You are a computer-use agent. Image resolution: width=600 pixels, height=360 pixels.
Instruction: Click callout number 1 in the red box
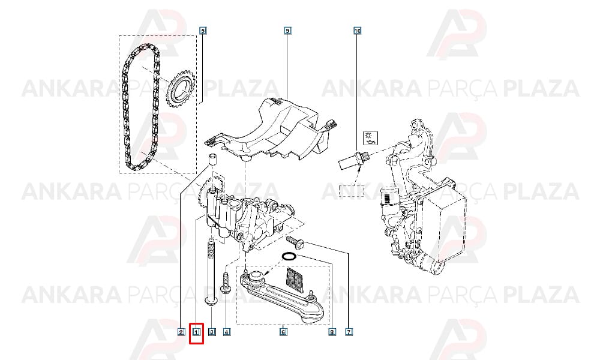197,332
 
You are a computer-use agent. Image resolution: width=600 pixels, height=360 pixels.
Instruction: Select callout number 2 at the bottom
181,332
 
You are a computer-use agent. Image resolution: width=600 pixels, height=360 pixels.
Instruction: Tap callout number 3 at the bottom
212,332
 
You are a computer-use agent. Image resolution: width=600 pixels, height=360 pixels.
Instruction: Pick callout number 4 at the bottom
227,332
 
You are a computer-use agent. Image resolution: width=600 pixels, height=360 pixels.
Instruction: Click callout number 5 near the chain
203,30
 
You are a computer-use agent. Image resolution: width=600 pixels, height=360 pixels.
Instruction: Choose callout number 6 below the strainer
283,332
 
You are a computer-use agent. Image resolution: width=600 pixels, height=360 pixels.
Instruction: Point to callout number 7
349,332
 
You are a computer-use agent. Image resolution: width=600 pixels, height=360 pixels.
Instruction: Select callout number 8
332,332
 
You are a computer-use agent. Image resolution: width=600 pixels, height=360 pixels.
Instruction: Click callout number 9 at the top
287,30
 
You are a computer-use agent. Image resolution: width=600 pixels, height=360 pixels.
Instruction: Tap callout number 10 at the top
357,30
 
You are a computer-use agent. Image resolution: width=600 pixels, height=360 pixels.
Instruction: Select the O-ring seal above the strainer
289,256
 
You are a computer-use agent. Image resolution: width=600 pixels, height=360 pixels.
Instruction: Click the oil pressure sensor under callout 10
352,160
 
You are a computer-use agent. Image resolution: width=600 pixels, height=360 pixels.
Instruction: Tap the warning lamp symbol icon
370,137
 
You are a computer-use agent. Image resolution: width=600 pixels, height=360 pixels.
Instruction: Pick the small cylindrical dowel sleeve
212,160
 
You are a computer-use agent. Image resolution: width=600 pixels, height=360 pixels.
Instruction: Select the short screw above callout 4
224,283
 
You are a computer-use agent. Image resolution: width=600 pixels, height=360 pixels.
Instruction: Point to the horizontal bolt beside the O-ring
295,241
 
